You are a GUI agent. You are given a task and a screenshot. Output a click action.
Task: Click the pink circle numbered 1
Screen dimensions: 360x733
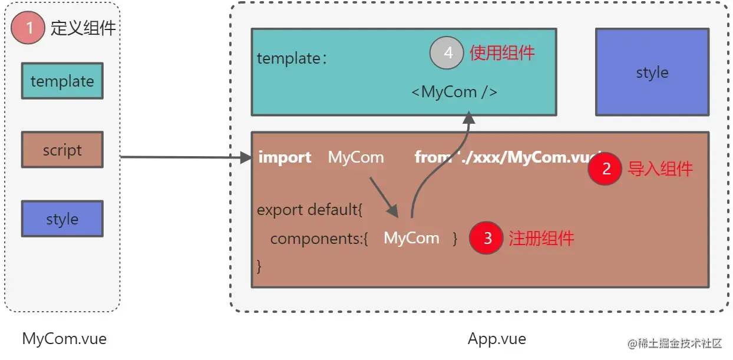[28, 27]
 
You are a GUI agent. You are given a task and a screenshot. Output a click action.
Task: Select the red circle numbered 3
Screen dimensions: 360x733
[486, 238]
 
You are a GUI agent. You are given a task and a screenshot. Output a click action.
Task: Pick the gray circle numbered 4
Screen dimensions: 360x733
[448, 53]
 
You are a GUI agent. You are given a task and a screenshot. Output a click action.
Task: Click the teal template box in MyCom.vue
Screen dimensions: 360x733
[62, 81]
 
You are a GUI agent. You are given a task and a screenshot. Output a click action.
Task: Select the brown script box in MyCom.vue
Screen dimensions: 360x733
[62, 150]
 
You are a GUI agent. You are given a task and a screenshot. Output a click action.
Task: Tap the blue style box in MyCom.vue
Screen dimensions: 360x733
[62, 219]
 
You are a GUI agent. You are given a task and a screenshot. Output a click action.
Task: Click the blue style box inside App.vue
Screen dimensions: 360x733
[652, 72]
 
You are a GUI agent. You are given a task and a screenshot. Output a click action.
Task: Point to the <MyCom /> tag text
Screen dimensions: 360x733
[454, 92]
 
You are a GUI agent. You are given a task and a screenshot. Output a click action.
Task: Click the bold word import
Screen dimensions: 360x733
[285, 157]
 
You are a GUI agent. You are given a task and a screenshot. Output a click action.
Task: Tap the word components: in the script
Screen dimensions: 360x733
[319, 239]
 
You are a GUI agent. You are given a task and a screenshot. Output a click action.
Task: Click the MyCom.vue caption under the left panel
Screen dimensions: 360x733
[64, 339]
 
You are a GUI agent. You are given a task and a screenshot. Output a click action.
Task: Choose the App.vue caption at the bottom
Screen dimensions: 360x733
[496, 339]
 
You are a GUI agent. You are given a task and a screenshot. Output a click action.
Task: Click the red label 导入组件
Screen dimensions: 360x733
[660, 169]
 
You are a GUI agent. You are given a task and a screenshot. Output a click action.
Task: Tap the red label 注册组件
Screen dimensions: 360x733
[541, 238]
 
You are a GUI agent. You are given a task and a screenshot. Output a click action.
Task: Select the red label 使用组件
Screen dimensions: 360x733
[502, 53]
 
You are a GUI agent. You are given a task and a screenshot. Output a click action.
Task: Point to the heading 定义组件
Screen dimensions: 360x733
[83, 28]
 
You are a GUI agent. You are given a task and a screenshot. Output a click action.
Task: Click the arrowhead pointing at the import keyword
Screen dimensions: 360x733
[246, 157]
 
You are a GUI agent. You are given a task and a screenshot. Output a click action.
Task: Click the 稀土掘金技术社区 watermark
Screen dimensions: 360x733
[675, 344]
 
